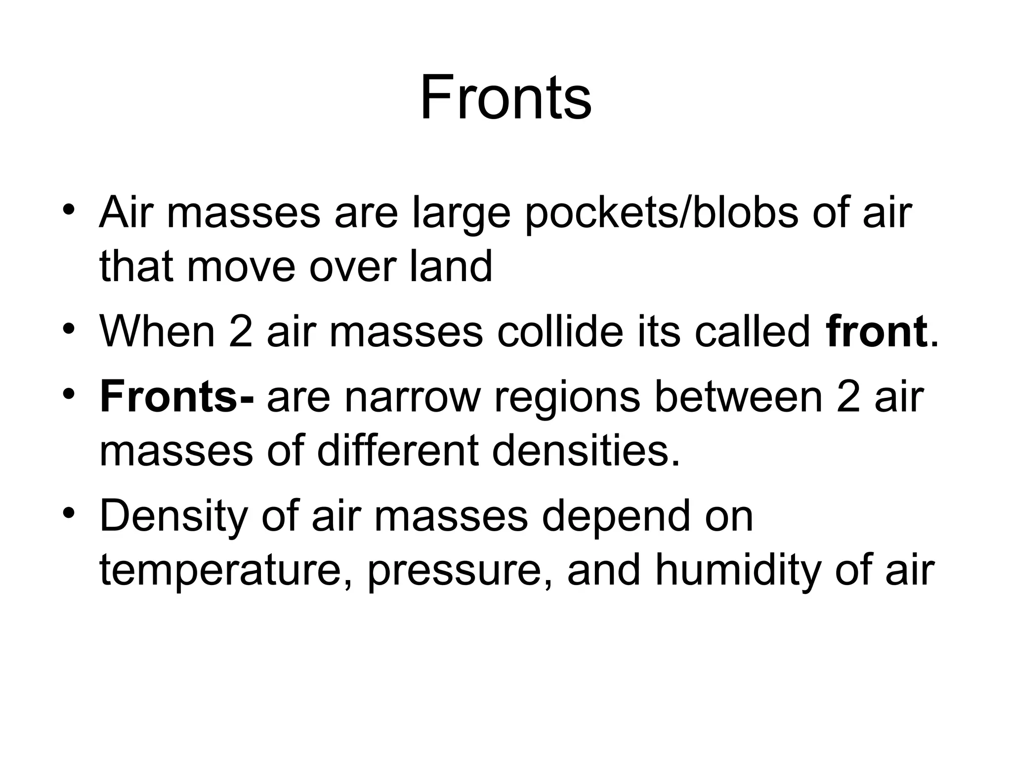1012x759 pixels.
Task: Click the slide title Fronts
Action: click(x=506, y=97)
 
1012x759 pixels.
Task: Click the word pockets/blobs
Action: click(x=661, y=213)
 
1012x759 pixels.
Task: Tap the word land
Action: click(x=451, y=267)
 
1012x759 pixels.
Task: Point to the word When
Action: click(x=157, y=332)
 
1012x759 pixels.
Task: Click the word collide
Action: click(x=560, y=332)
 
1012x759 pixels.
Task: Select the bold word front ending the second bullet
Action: click(x=876, y=332)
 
